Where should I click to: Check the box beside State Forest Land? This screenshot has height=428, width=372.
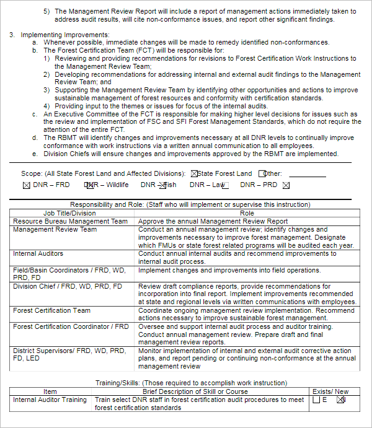[x=194, y=174]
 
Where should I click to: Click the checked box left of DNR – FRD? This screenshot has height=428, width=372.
[x=26, y=185]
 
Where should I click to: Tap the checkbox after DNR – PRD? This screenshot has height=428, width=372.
[x=286, y=185]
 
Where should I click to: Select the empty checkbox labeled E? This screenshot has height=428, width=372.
[x=316, y=400]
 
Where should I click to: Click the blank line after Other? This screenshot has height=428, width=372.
[x=307, y=175]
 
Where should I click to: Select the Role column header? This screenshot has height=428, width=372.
[x=247, y=213]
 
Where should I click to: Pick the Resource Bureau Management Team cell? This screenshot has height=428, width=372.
[x=70, y=221]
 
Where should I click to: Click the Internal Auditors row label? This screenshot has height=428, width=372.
[x=38, y=253]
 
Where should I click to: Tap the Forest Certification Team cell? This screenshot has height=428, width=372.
[x=51, y=311]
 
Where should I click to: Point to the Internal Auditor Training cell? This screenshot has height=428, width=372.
[x=50, y=400]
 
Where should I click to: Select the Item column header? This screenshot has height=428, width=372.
[x=50, y=391]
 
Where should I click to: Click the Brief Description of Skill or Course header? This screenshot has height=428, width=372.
[x=195, y=391]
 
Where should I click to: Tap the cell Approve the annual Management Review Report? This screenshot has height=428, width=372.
[x=213, y=221]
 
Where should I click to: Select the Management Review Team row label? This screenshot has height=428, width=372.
[x=55, y=229]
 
